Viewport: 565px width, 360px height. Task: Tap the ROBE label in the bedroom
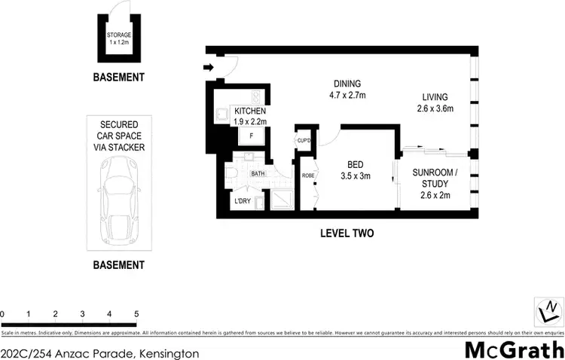[307, 175]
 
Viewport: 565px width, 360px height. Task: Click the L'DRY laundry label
[243, 201]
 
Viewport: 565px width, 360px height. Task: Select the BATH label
[258, 173]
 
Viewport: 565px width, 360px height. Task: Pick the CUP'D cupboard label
[304, 140]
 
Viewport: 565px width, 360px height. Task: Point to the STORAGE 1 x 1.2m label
[118, 38]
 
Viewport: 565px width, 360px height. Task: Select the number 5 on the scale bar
[136, 313]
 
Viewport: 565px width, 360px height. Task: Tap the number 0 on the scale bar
[3, 313]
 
